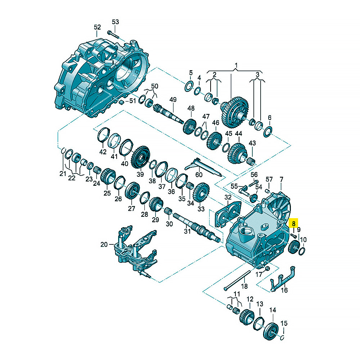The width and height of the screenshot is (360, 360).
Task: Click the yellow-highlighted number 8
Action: pyautogui.click(x=294, y=223)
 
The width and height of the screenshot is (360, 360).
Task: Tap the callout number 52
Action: pyautogui.click(x=97, y=27)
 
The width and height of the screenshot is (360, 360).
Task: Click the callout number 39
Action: pyautogui.click(x=140, y=174)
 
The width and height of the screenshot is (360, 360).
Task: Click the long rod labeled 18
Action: pyautogui.click(x=237, y=280)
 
